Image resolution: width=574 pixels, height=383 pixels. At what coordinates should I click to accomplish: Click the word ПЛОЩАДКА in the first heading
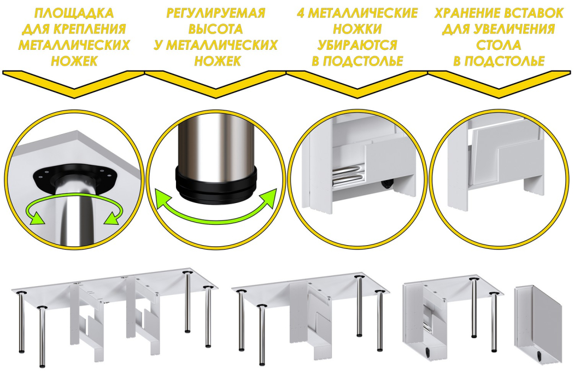[74, 13]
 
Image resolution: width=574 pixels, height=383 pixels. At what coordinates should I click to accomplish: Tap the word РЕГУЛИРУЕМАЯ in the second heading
[215, 13]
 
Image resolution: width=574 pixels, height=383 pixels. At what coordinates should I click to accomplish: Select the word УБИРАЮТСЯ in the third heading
[358, 45]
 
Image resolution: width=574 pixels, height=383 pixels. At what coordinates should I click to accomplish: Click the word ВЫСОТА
[215, 29]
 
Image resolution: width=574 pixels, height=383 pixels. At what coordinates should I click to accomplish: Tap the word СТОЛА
[499, 45]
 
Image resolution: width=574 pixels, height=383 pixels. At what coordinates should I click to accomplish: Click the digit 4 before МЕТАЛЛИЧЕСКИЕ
[301, 13]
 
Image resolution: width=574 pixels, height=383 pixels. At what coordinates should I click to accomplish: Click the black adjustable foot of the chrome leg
[216, 183]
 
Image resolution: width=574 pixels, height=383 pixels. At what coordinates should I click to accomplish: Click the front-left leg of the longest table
[43, 337]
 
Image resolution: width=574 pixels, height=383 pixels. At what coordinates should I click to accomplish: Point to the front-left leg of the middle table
[262, 335]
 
